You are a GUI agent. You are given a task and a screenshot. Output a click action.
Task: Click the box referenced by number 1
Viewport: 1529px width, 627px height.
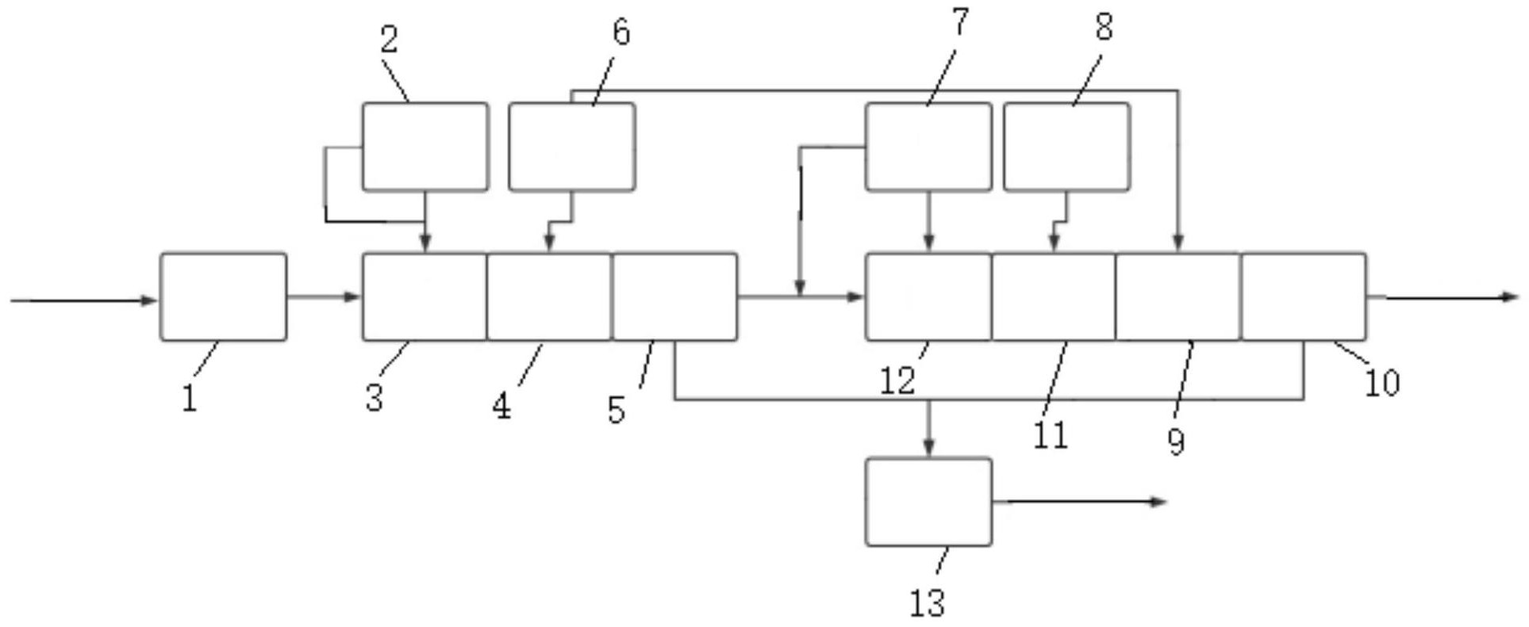pos(223,297)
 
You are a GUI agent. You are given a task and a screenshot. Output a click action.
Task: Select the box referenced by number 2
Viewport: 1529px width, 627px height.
pos(425,147)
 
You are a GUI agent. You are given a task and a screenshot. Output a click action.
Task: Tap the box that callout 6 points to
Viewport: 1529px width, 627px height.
pos(571,147)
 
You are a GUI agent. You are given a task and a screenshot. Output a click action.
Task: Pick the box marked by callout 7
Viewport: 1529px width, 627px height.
pos(928,147)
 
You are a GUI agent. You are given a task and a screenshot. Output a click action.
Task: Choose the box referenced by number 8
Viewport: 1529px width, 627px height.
pos(1066,147)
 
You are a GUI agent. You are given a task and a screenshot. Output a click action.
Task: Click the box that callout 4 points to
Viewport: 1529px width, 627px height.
pos(549,297)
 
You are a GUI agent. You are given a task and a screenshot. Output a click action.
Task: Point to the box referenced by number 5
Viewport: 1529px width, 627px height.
pos(674,297)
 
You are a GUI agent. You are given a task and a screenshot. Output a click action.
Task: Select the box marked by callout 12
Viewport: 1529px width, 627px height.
pos(928,297)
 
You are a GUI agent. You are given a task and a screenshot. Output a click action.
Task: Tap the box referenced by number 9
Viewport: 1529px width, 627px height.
pos(1178,297)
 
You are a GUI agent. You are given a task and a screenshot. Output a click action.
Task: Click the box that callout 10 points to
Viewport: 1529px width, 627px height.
pos(1304,297)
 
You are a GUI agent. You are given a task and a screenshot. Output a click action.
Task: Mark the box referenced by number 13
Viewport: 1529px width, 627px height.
pos(928,502)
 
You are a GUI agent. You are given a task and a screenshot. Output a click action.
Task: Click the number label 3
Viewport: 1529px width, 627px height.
pos(375,397)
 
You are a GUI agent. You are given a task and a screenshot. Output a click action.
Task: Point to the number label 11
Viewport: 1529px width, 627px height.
pos(1051,435)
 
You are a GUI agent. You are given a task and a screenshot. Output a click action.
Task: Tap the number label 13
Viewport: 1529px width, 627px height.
pos(927,603)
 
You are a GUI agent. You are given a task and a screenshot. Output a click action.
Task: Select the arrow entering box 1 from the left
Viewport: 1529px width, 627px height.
pos(83,300)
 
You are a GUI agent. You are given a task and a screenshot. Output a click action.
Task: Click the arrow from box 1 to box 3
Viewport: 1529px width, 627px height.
pos(324,297)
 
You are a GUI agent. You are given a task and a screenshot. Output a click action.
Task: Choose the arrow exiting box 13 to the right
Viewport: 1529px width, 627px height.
pos(1079,502)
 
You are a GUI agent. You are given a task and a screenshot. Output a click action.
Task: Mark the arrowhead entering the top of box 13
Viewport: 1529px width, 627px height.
pos(928,448)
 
